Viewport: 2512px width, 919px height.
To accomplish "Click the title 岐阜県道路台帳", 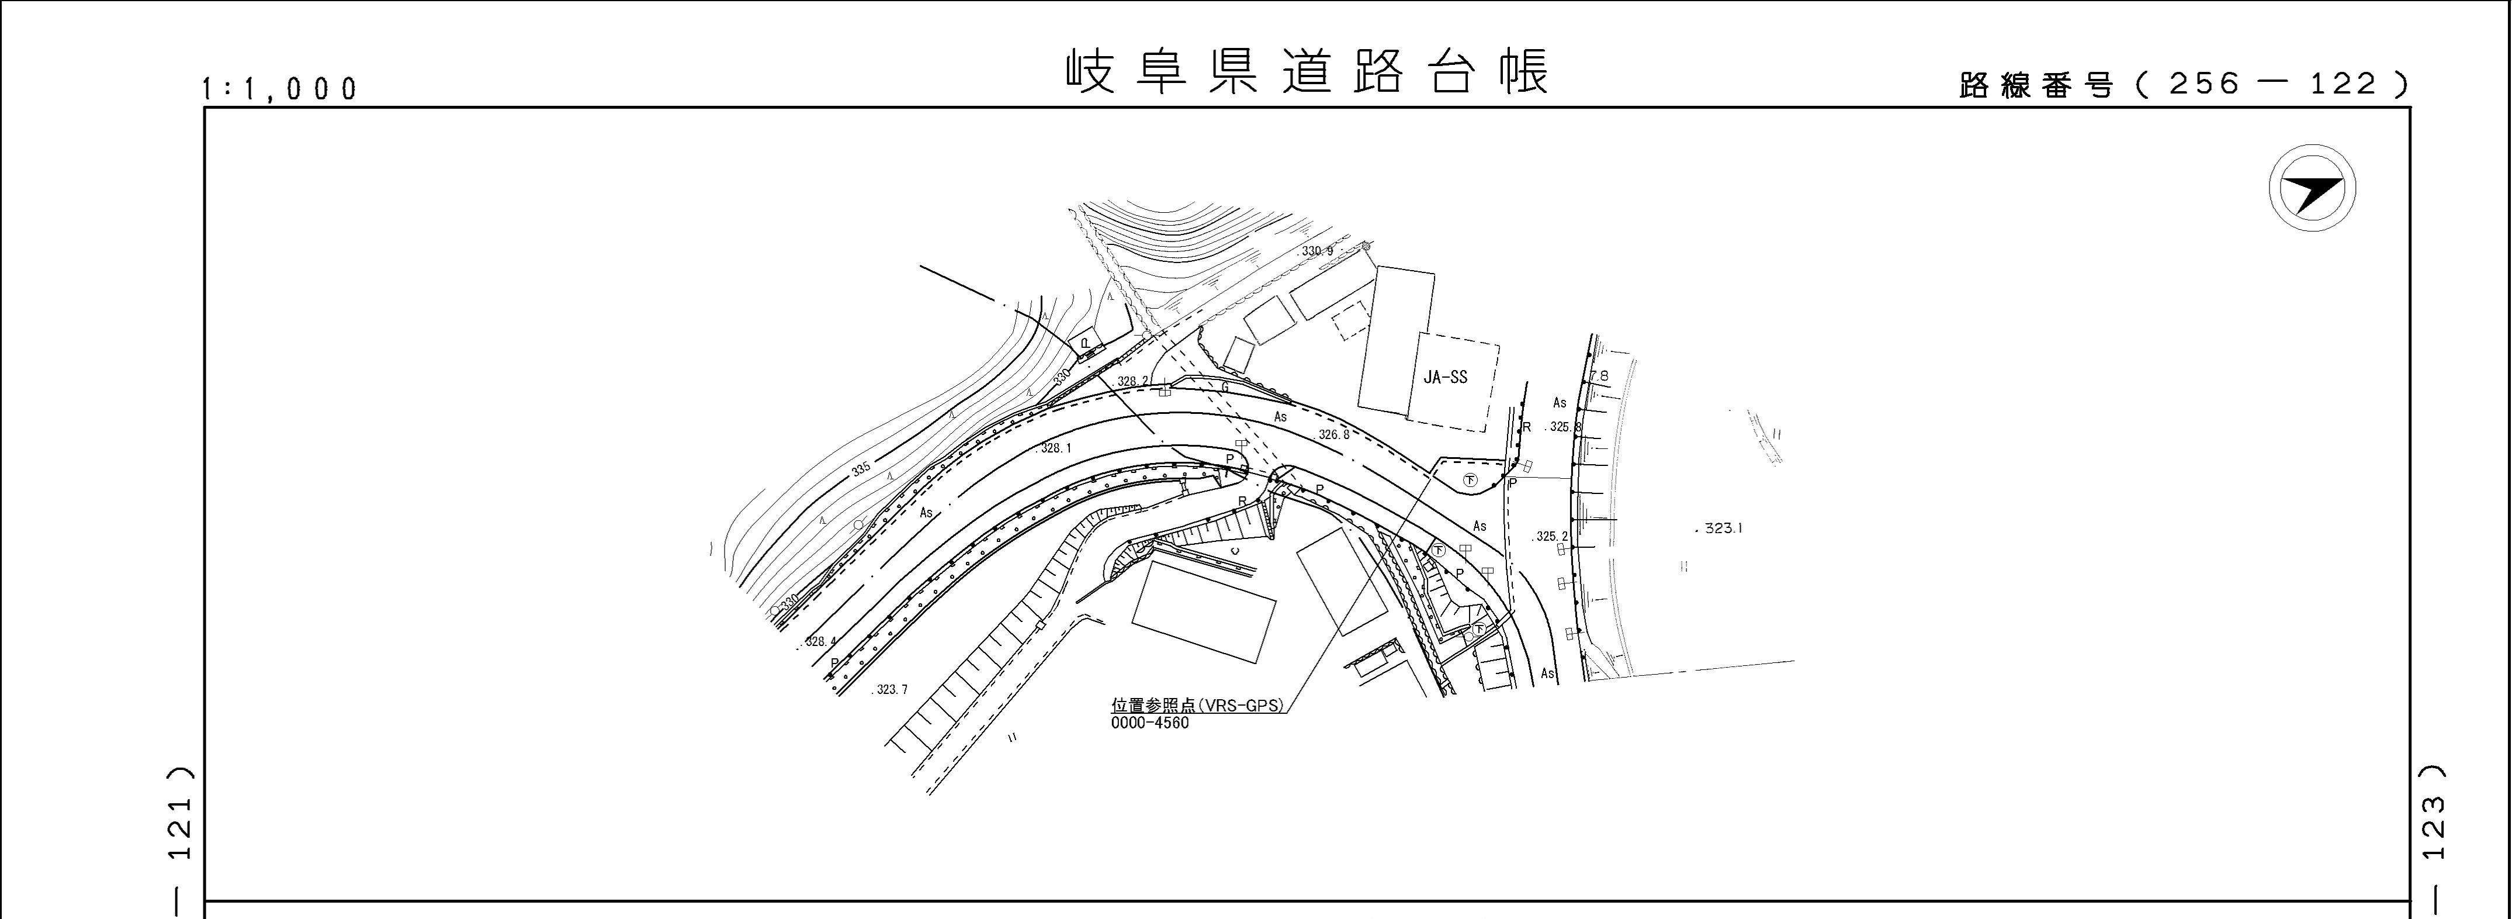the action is pyautogui.click(x=1307, y=72).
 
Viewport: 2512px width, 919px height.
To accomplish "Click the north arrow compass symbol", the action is pyautogui.click(x=2312, y=188).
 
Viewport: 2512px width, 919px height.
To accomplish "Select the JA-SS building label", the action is pyautogui.click(x=1445, y=378).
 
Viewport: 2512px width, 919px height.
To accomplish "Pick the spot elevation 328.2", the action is pyautogui.click(x=1133, y=381).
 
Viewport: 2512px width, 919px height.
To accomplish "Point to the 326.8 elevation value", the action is pyautogui.click(x=1334, y=435).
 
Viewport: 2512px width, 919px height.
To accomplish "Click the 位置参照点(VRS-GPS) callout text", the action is pyautogui.click(x=1197, y=706).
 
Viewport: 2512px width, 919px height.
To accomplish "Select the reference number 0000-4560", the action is pyautogui.click(x=1150, y=724).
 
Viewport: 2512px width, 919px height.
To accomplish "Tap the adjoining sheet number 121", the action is pyautogui.click(x=181, y=829).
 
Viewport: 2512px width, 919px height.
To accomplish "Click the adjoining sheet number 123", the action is pyautogui.click(x=2434, y=829).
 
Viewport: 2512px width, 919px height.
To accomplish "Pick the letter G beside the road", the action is pyautogui.click(x=1225, y=388).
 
